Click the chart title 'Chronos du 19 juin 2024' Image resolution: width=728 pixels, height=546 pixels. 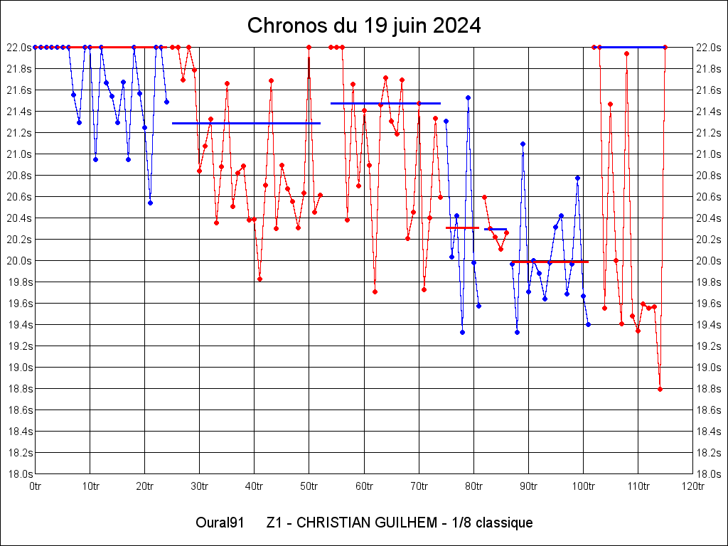click(x=364, y=26)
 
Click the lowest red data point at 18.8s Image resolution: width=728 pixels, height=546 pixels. click(x=660, y=389)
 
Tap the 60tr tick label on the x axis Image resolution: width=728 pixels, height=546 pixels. click(x=364, y=486)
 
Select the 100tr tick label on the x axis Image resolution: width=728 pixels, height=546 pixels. click(x=583, y=486)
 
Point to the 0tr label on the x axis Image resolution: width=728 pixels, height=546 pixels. click(x=36, y=486)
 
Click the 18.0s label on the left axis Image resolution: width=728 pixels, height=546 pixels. click(x=18, y=474)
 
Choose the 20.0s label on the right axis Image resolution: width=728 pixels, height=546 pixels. click(x=710, y=261)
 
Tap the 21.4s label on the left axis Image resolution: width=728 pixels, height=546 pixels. click(x=18, y=112)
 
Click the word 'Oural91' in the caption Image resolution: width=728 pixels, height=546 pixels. click(x=220, y=523)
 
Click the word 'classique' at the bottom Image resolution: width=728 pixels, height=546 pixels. click(x=504, y=523)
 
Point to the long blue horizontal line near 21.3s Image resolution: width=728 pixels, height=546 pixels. click(x=246, y=123)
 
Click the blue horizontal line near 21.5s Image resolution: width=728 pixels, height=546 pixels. click(x=385, y=103)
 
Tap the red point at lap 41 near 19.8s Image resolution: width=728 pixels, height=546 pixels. click(x=259, y=279)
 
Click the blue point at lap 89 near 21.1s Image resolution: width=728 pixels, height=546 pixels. click(x=523, y=144)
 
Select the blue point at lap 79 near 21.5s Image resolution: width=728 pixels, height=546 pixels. click(x=468, y=97)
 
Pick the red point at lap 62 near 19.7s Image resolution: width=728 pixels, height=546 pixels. click(x=375, y=291)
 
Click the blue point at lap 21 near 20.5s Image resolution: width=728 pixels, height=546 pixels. click(x=150, y=203)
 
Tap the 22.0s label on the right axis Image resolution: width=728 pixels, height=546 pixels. click(x=710, y=48)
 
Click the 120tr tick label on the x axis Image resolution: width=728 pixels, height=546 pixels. click(x=692, y=486)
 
